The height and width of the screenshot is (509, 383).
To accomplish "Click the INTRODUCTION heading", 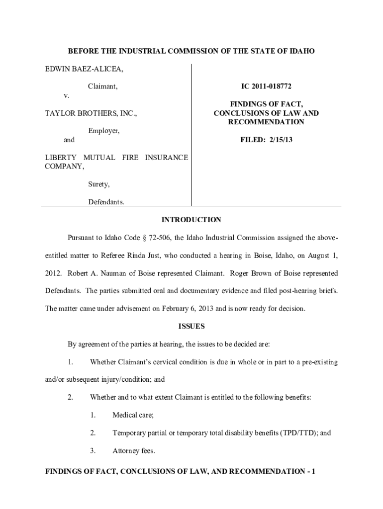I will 191,220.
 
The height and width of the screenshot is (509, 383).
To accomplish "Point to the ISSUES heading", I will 191,327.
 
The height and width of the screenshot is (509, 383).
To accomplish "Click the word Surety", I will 99,184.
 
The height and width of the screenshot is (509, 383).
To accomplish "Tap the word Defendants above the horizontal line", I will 106,202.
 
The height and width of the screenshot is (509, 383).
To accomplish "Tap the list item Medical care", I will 133,415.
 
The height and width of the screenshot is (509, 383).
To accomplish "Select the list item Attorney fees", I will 134,451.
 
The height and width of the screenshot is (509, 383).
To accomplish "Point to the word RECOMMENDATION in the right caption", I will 266,122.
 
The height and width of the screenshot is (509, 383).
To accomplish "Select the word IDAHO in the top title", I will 303,51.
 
